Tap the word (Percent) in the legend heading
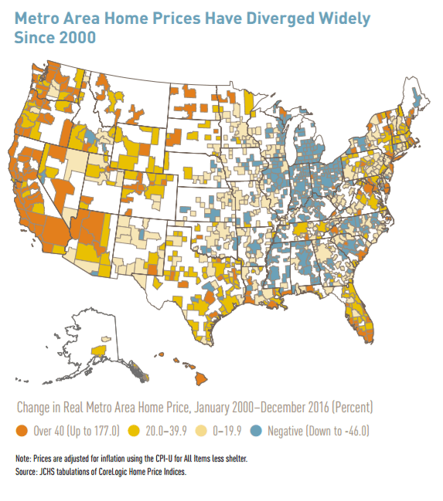346,406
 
